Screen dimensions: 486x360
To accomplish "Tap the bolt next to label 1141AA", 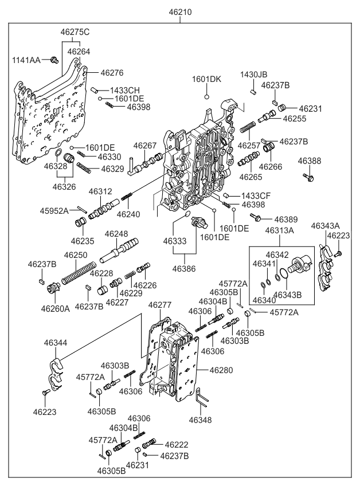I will pos(53,60).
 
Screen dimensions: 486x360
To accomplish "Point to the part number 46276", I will pos(112,73).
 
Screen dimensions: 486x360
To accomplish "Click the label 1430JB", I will pos(253,75).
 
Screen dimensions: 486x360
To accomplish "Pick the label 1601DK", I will pos(206,79).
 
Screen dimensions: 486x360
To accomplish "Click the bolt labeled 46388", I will pos(308,178).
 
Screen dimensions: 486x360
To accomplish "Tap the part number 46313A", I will pos(280,230).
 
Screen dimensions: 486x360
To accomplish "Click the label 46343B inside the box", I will pos(287,295).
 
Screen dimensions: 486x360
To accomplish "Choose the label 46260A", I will pos(55,308).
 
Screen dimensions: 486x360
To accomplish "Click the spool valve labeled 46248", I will pos(121,249).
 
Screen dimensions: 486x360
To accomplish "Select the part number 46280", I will pos(221,370).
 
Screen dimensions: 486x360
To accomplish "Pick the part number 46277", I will pos(159,305).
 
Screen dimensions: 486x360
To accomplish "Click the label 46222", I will pos(176,445).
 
